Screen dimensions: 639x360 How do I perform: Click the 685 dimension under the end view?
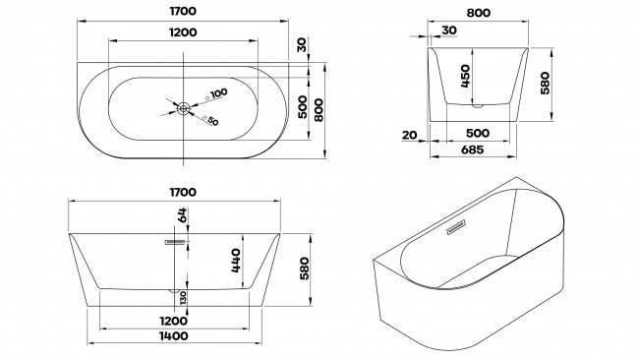472,150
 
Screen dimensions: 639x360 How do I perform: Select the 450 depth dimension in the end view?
465,76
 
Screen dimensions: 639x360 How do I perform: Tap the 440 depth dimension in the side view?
236,261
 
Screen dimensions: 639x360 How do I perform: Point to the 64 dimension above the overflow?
182,214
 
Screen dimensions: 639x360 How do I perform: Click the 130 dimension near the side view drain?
183,298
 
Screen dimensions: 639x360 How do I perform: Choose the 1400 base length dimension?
174,336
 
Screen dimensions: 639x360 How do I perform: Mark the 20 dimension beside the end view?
410,135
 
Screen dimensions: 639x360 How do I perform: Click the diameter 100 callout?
216,94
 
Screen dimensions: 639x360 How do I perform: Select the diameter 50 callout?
210,121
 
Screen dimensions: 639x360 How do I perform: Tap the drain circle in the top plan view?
184,108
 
